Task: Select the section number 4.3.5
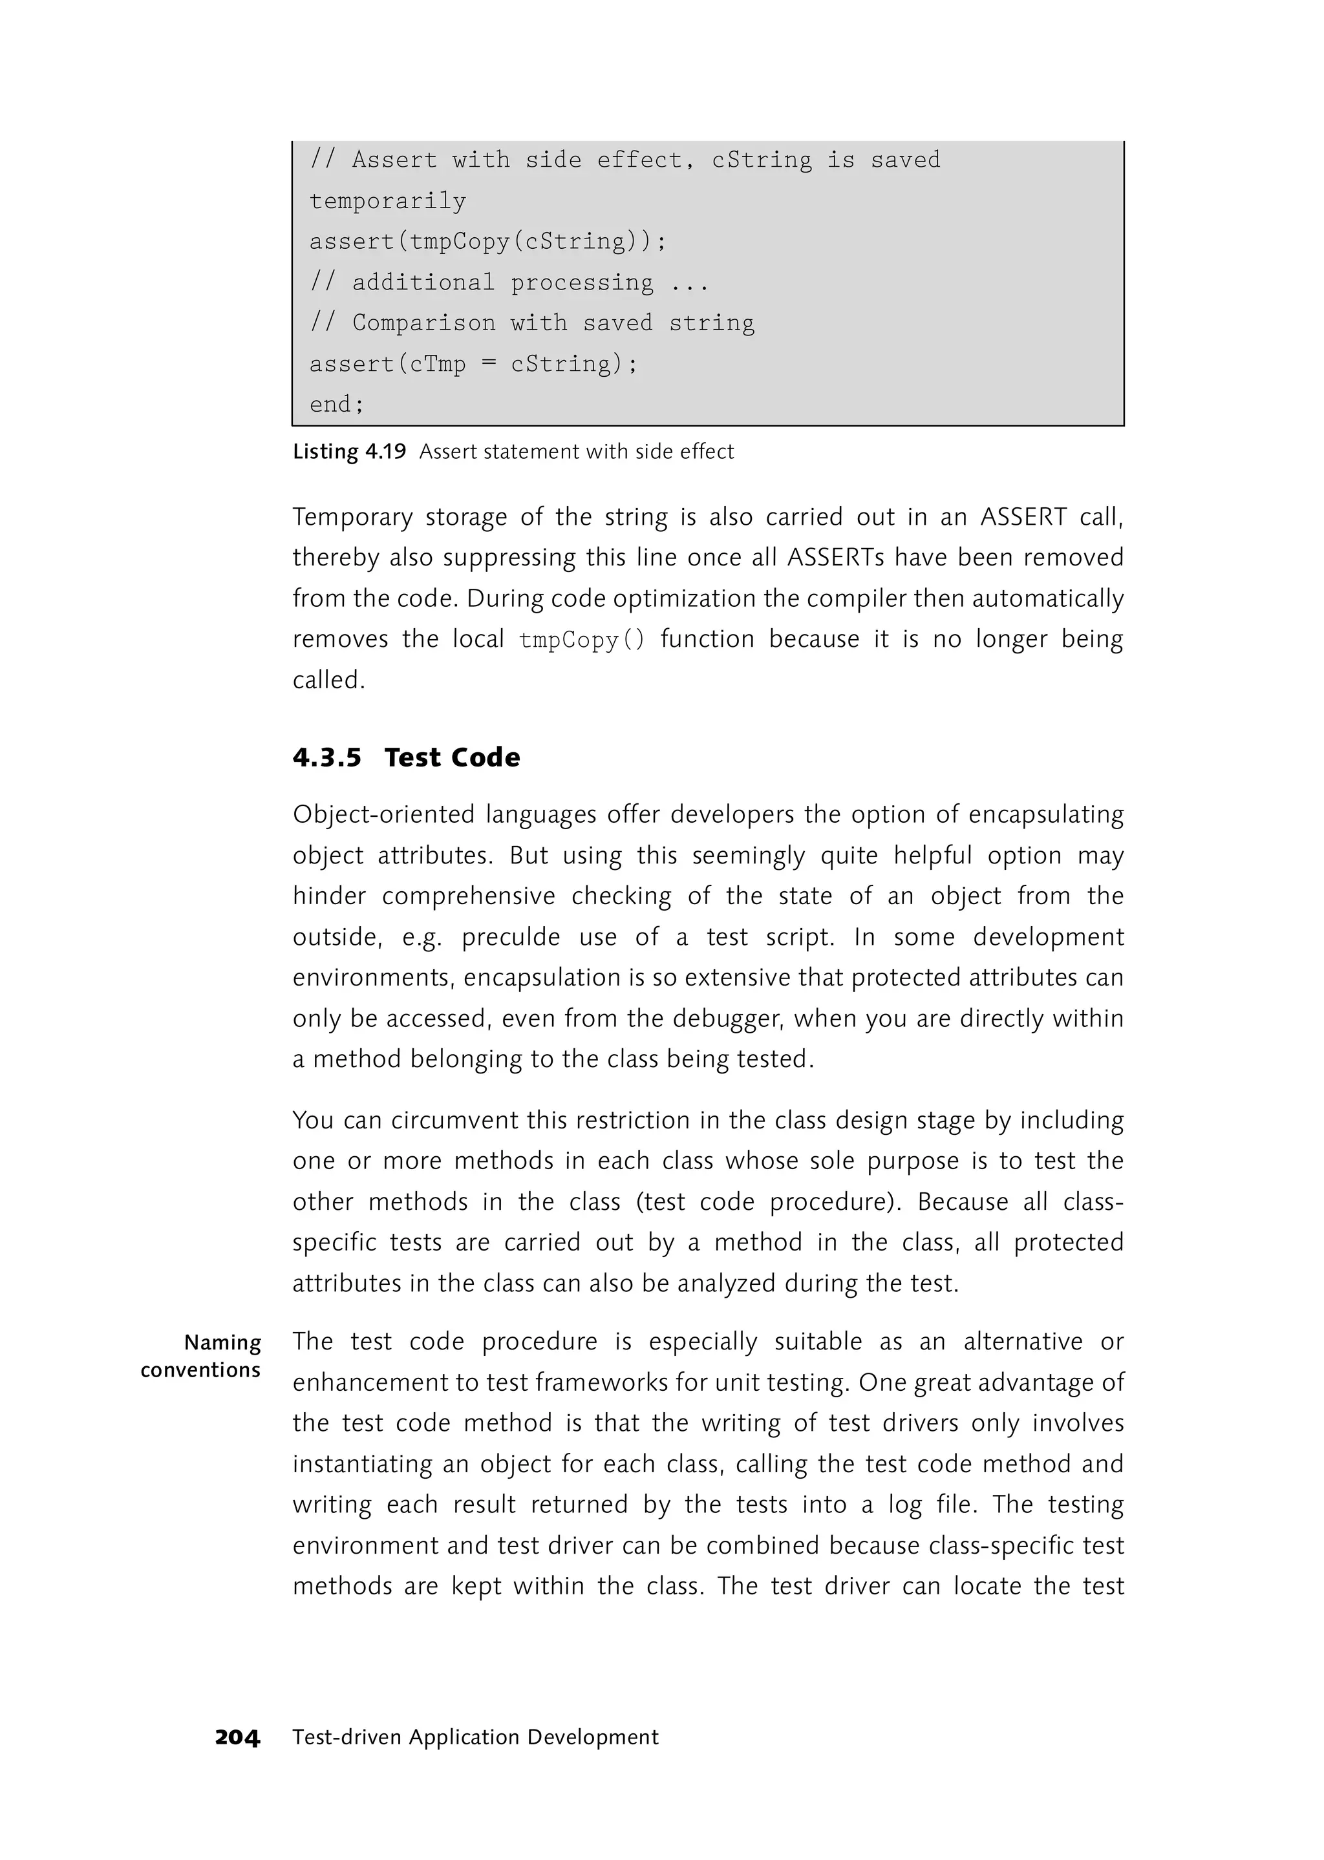click(x=327, y=757)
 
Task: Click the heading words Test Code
click(x=453, y=757)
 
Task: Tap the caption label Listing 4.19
click(x=349, y=452)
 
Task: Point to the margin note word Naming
click(x=222, y=1342)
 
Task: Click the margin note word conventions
click(x=200, y=1370)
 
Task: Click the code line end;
click(x=337, y=405)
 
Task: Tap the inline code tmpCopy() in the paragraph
click(x=582, y=640)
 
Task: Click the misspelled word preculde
click(x=511, y=937)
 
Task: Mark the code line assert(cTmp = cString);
click(x=474, y=363)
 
